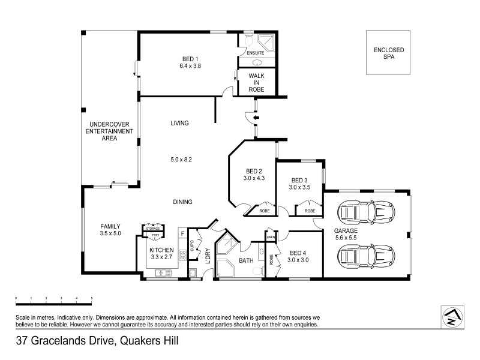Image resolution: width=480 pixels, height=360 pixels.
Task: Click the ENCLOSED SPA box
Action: click(388, 53)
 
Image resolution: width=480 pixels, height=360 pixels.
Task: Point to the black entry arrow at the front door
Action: click(256, 118)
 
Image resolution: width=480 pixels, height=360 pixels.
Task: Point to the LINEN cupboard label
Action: click(271, 238)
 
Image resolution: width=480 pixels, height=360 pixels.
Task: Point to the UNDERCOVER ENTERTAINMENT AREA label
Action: click(109, 131)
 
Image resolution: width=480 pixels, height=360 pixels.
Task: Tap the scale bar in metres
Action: click(53, 298)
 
